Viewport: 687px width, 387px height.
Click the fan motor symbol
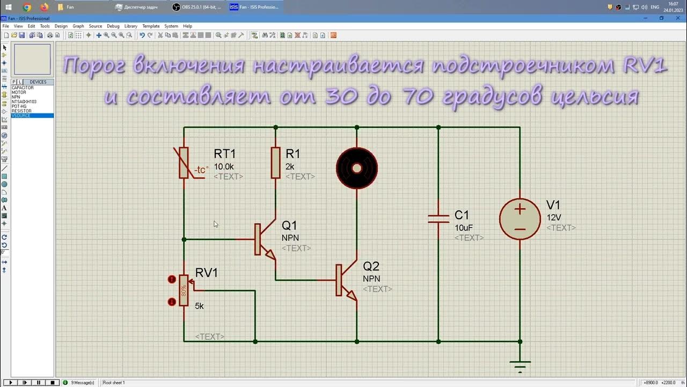tap(357, 168)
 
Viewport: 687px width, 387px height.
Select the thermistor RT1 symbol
tap(184, 162)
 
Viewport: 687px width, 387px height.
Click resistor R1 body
tap(276, 162)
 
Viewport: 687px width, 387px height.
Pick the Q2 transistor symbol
tap(343, 280)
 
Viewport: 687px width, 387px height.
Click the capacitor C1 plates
tap(438, 218)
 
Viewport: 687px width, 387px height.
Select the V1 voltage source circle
tap(520, 219)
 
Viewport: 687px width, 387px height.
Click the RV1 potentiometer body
tap(184, 290)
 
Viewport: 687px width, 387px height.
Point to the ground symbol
tap(520, 365)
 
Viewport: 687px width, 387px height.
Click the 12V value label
tap(554, 218)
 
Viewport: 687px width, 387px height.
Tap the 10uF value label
tap(464, 228)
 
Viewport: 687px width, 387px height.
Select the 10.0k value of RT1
tap(224, 167)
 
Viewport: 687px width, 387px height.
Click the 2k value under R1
tap(290, 167)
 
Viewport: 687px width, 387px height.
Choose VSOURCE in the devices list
tap(21, 116)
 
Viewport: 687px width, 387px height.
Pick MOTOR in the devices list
tap(19, 92)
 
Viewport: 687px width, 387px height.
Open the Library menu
tap(130, 26)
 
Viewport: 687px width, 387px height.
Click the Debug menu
tap(113, 26)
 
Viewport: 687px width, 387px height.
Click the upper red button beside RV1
tap(172, 279)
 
